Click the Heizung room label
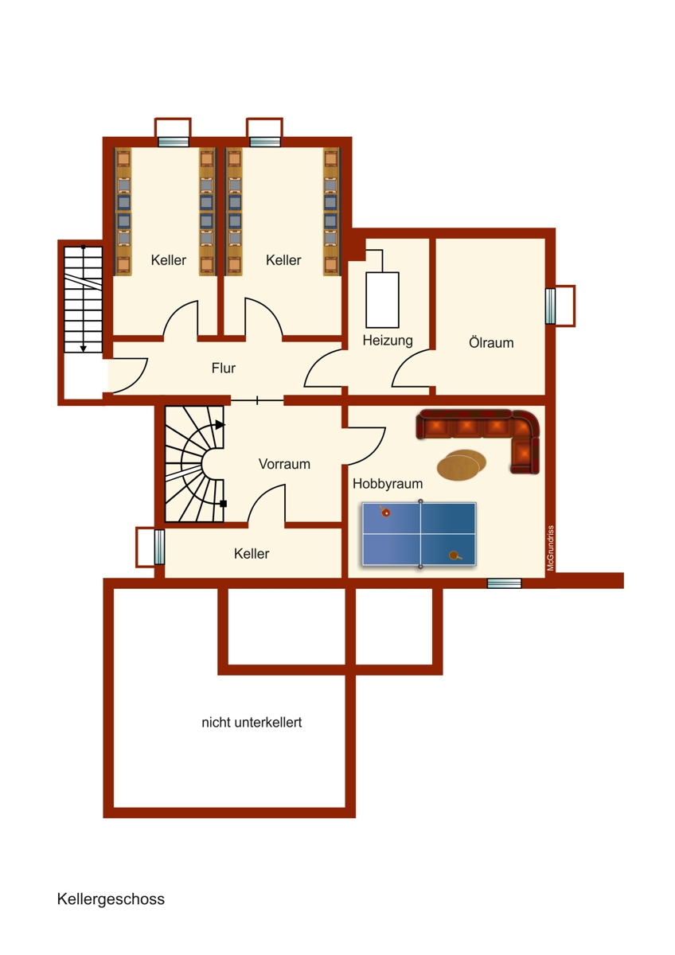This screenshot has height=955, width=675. (388, 341)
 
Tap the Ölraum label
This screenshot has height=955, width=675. (491, 343)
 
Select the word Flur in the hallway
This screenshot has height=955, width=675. (224, 368)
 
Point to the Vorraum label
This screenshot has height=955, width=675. (284, 464)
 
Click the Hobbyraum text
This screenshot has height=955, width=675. (388, 483)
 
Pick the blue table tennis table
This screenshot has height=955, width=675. (419, 534)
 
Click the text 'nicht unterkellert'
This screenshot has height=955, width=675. (252, 723)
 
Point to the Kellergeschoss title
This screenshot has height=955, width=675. (111, 899)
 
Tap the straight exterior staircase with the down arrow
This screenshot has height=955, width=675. (84, 299)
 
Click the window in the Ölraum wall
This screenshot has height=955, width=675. (550, 306)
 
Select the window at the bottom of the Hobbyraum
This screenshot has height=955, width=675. (504, 583)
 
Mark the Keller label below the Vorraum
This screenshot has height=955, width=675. (252, 554)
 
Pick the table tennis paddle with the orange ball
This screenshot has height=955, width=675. (385, 512)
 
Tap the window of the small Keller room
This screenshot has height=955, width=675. (159, 547)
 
